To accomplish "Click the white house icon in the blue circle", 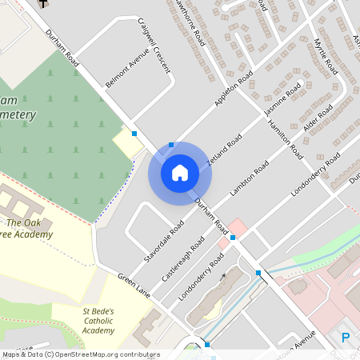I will click(x=180, y=172).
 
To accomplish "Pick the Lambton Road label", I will click(x=249, y=181).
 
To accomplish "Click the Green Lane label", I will click(x=134, y=286).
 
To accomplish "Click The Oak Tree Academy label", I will click(x=30, y=229).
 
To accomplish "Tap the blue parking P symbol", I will click(x=346, y=338).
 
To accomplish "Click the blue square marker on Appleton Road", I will click(x=171, y=146).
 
